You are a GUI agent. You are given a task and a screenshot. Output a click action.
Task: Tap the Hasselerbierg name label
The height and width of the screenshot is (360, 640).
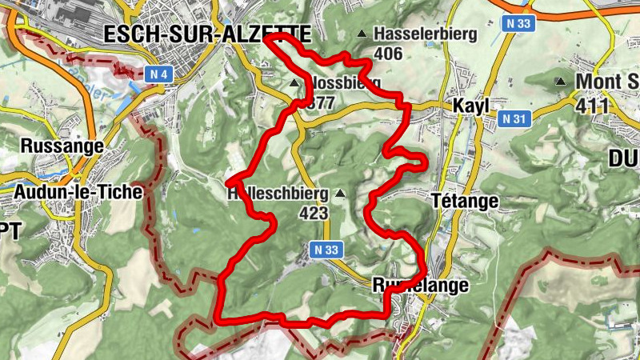425,34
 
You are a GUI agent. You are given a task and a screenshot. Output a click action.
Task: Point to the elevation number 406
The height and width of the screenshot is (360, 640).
387,54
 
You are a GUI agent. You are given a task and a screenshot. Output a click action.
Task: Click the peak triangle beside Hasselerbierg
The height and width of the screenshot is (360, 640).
362,34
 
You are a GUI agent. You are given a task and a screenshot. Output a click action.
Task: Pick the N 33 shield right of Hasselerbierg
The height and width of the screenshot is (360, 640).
519,24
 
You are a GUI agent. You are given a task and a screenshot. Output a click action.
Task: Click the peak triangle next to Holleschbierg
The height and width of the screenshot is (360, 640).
342,193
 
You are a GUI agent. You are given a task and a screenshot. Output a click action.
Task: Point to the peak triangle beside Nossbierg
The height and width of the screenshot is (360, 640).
294,82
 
